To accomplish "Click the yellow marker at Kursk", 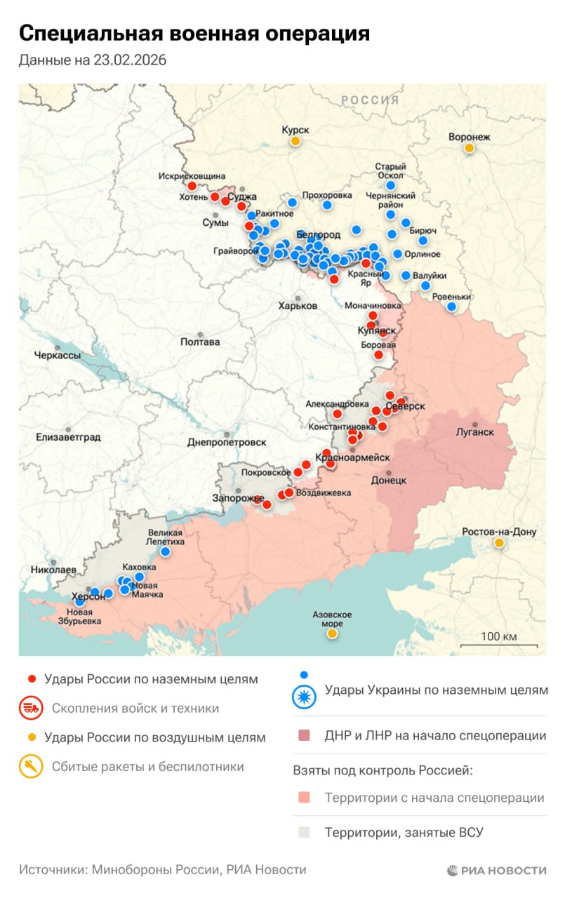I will coord(295,141).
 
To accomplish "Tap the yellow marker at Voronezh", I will coord(469,148).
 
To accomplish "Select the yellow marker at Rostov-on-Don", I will coord(499,543).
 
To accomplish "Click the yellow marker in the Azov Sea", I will coord(332,634).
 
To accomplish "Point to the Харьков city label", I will coord(298,306).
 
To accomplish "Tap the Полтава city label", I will coord(200,342).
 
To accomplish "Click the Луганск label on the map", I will coord(475,432).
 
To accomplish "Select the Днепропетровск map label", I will coord(227,442).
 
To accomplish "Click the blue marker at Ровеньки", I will coord(451,307).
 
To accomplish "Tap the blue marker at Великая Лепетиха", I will coord(165,551).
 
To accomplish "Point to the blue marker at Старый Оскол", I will coord(391,185).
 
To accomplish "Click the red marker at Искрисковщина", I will coord(192,186).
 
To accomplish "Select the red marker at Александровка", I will coord(337,414).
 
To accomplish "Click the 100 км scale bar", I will coord(499,644).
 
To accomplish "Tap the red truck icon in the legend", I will coord(31,709).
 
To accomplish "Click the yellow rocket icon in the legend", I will coord(31,767).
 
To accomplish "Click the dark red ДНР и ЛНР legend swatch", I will coord(304,736).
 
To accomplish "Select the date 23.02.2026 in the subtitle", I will coord(128,60).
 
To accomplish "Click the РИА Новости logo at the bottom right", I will coord(496,871).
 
